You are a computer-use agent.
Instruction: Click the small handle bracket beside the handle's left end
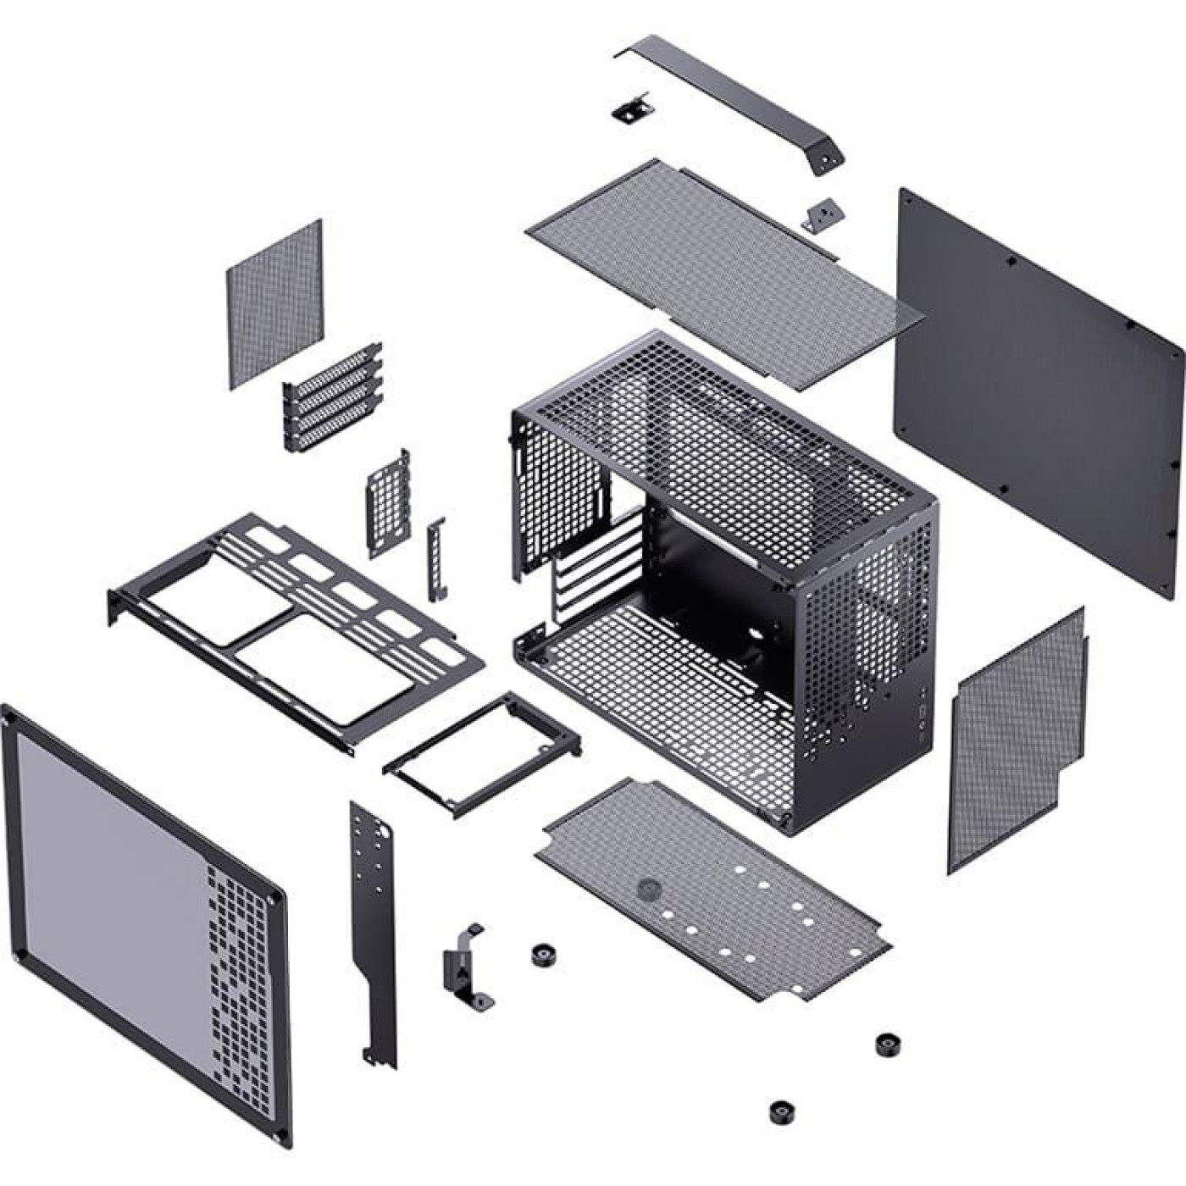pos(631,108)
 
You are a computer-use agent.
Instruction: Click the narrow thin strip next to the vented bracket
pos(436,559)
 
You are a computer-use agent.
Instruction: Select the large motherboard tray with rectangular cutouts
pos(296,627)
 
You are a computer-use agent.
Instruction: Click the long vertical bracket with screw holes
pos(373,932)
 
